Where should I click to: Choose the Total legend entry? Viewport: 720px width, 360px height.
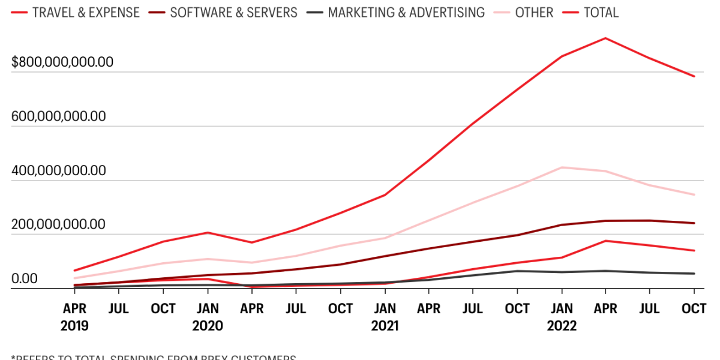point(601,12)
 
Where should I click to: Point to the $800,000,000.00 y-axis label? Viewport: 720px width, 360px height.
point(62,62)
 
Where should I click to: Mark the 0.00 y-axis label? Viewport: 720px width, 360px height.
point(24,278)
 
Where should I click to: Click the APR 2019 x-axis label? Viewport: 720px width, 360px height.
point(74,317)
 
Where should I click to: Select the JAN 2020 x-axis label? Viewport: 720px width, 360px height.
point(208,317)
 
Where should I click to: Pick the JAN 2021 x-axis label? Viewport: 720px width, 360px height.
point(385,317)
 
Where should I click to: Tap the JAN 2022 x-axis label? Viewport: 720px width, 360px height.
point(562,317)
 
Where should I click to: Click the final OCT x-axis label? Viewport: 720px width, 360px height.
point(694,308)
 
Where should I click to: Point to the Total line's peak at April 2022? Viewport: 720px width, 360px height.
point(605,38)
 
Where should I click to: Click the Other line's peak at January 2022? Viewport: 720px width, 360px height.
point(562,167)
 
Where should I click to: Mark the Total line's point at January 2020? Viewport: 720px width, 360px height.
point(208,232)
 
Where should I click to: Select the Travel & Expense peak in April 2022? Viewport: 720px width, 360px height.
point(605,241)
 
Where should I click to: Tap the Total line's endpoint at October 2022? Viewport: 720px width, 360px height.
point(694,76)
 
